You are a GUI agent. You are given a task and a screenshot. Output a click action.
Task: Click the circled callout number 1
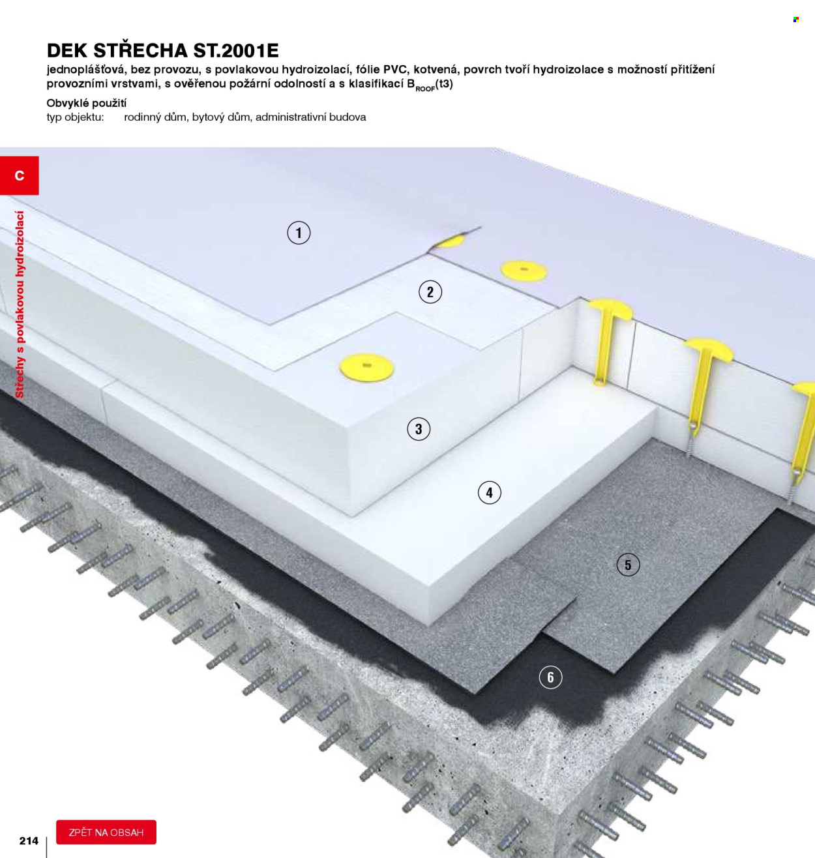[299, 233]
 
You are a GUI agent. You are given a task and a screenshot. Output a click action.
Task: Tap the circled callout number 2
[430, 292]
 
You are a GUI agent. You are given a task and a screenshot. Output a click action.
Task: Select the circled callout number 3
[418, 429]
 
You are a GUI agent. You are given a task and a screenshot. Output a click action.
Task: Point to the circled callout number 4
[489, 493]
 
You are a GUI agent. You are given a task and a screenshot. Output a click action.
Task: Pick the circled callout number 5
[628, 565]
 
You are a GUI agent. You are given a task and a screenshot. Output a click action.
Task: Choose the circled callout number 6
[550, 677]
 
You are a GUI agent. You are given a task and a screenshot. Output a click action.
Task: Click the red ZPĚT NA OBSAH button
[106, 833]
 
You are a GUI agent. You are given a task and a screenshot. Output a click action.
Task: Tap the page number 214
[29, 841]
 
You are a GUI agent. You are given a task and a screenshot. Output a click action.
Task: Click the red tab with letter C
[19, 175]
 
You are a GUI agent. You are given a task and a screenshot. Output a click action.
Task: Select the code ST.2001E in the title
[236, 51]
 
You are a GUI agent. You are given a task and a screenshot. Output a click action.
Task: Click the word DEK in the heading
[67, 51]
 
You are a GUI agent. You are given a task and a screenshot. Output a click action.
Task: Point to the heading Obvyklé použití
[87, 104]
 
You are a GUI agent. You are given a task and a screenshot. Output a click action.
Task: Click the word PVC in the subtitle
[394, 69]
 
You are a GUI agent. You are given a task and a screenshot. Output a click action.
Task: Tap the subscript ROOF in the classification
[425, 89]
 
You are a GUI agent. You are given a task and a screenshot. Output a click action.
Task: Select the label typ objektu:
[75, 117]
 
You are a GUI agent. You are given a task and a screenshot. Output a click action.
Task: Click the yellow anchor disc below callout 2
[366, 368]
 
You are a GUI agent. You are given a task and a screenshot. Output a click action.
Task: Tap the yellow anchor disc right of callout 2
[524, 270]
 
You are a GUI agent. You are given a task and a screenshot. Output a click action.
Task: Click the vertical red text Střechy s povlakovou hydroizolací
[20, 304]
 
